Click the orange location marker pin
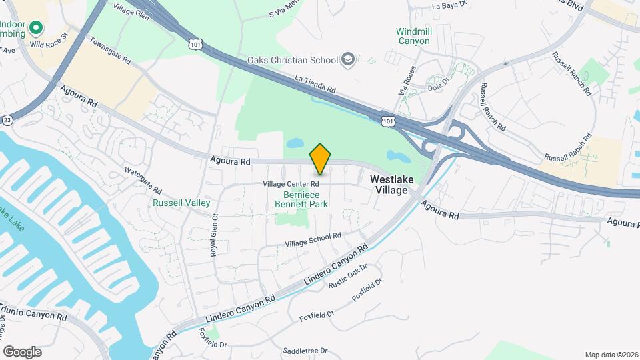point(320,159)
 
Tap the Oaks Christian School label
point(293,60)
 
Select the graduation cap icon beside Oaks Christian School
point(347,60)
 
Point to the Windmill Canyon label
point(413,36)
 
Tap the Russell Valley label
point(181,203)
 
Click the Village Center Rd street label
point(291,183)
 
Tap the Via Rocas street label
point(405,81)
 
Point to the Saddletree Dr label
point(305,351)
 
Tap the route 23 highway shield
point(7,119)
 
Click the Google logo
point(22,352)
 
